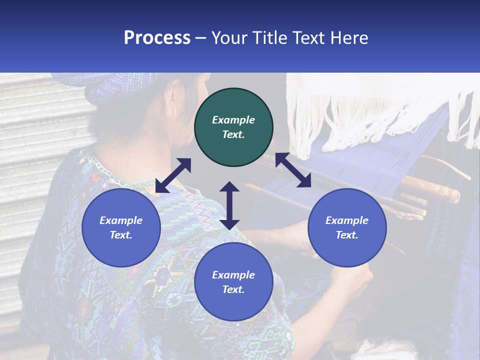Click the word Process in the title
[x=157, y=38]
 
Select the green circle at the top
[x=233, y=127]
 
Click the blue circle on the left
[x=121, y=227]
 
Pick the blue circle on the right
[x=347, y=227]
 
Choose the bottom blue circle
[x=233, y=282]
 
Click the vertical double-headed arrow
[x=229, y=205]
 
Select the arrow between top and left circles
[x=173, y=175]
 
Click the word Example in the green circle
[x=233, y=120]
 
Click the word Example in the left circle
[x=121, y=220]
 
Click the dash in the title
[x=201, y=38]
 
